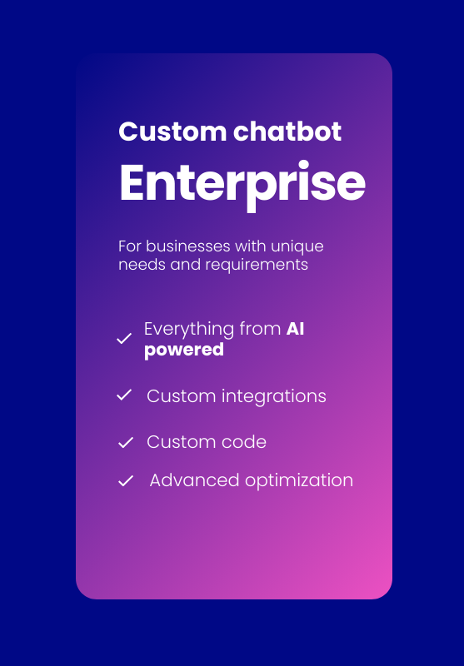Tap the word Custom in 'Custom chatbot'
[172, 132]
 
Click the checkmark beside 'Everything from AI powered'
[124, 339]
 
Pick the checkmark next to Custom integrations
[124, 395]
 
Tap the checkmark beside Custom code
[126, 443]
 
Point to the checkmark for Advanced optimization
[126, 481]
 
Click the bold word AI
[296, 329]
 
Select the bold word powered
[184, 350]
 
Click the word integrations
[274, 397]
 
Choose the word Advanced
[195, 480]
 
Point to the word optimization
[299, 481]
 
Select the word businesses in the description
[188, 246]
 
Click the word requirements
[257, 265]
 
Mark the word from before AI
[260, 329]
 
